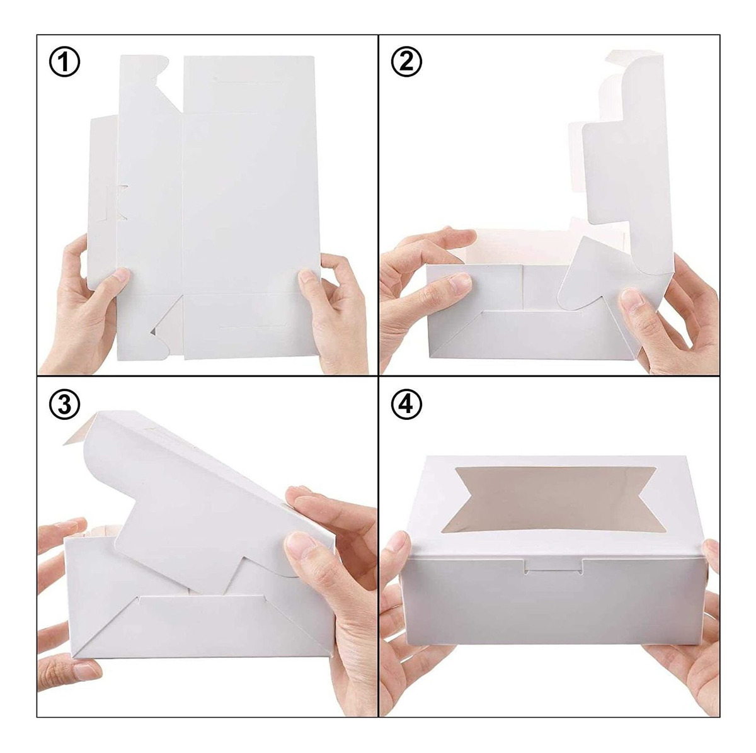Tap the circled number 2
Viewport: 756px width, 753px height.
click(x=406, y=62)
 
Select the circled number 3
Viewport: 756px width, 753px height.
click(x=64, y=404)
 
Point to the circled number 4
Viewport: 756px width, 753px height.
click(x=406, y=404)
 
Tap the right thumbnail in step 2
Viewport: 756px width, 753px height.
click(x=632, y=299)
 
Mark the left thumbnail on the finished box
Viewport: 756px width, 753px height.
click(x=397, y=543)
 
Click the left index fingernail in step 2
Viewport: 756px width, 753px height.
click(x=460, y=283)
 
